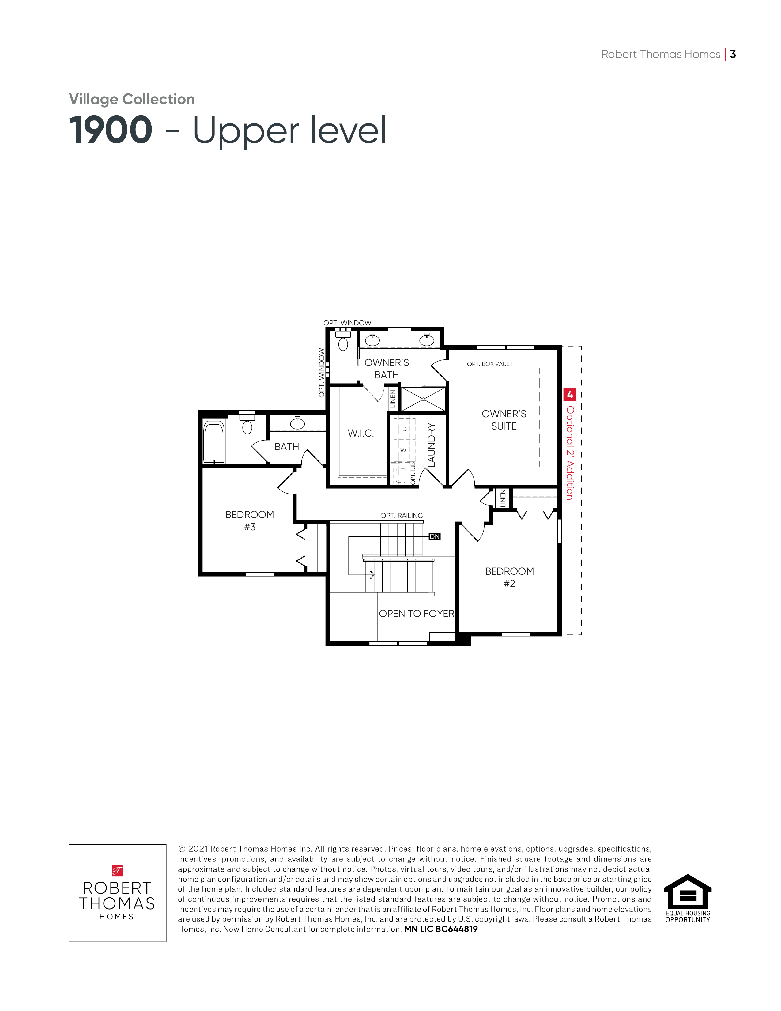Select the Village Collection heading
132,99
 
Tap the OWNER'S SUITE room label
504,420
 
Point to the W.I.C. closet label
361,433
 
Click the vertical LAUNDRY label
432,445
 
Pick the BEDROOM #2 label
509,577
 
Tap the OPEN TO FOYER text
417,614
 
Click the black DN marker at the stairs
435,536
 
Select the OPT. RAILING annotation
402,516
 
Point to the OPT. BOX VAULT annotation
490,364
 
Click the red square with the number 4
570,394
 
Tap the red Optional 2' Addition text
570,453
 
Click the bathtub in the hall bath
214,442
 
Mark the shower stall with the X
423,399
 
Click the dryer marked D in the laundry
404,430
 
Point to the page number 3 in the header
733,54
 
